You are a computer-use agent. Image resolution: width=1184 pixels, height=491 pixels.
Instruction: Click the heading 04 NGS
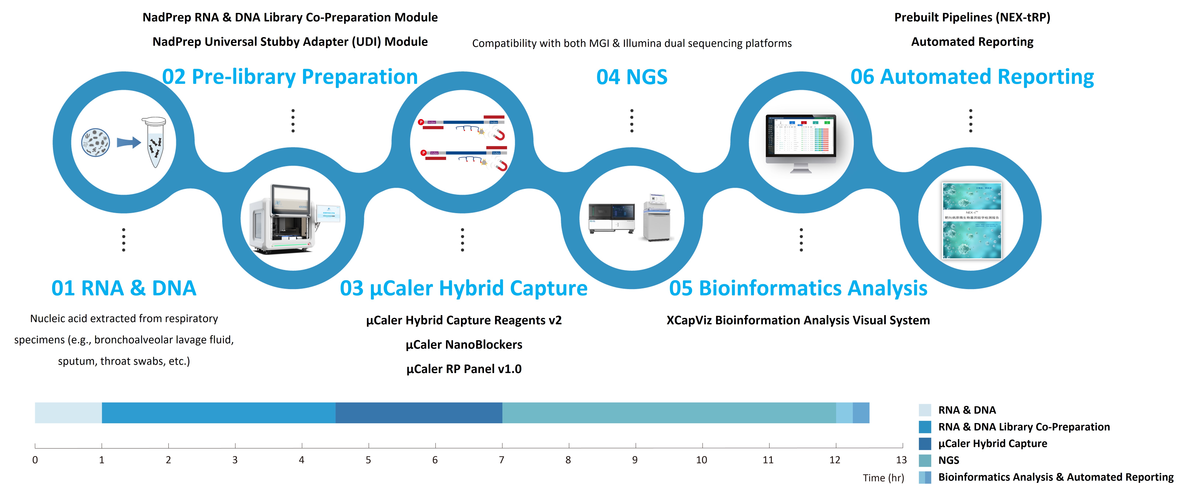[631, 77]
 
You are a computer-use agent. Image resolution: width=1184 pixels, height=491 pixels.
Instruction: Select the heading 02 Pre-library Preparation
[290, 77]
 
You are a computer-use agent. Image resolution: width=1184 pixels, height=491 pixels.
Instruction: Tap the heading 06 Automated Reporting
[972, 77]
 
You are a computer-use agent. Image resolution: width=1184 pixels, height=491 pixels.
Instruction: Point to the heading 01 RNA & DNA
[124, 288]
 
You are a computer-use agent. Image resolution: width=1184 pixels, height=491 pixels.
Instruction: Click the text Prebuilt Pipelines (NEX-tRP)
[972, 18]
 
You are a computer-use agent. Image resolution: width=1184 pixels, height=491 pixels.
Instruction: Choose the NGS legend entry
[949, 460]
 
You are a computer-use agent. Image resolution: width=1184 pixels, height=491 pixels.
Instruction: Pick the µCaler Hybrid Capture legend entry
[992, 444]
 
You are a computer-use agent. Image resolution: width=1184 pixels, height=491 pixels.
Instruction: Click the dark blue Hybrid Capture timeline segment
[419, 413]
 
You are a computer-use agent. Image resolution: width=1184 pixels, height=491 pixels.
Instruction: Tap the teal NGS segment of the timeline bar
[669, 413]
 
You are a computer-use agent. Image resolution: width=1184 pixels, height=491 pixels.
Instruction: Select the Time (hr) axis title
[883, 478]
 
